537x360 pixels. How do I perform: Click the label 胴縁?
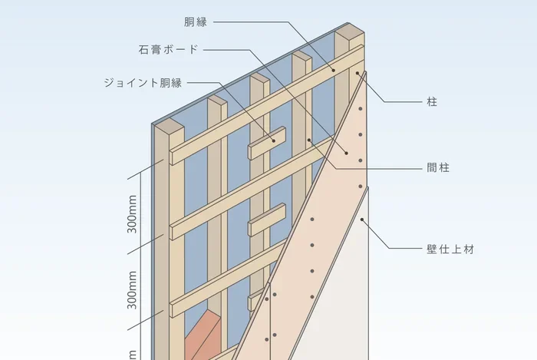pos(196,22)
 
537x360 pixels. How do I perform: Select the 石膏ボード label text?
pos(169,50)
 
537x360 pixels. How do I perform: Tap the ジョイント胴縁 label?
pos(143,83)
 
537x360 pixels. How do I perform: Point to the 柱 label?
pos(432,102)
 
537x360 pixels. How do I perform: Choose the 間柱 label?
pos(438,168)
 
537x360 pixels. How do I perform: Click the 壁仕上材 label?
pos(450,249)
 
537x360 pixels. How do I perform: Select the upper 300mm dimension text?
pos(132,214)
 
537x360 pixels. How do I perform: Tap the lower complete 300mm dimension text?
pos(132,290)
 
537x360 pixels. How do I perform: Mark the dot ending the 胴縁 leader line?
pos(333,70)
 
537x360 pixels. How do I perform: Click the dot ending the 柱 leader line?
pos(357,73)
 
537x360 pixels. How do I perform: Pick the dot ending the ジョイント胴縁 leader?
pos(274,140)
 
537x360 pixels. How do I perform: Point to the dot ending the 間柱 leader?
pos(309,140)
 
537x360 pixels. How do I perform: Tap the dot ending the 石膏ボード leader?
pos(346,153)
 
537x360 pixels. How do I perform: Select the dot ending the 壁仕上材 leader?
pos(362,220)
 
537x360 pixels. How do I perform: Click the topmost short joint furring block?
pos(267,144)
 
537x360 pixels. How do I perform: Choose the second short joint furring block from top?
pos(267,220)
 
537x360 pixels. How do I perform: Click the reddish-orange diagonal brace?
pos(203,335)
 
